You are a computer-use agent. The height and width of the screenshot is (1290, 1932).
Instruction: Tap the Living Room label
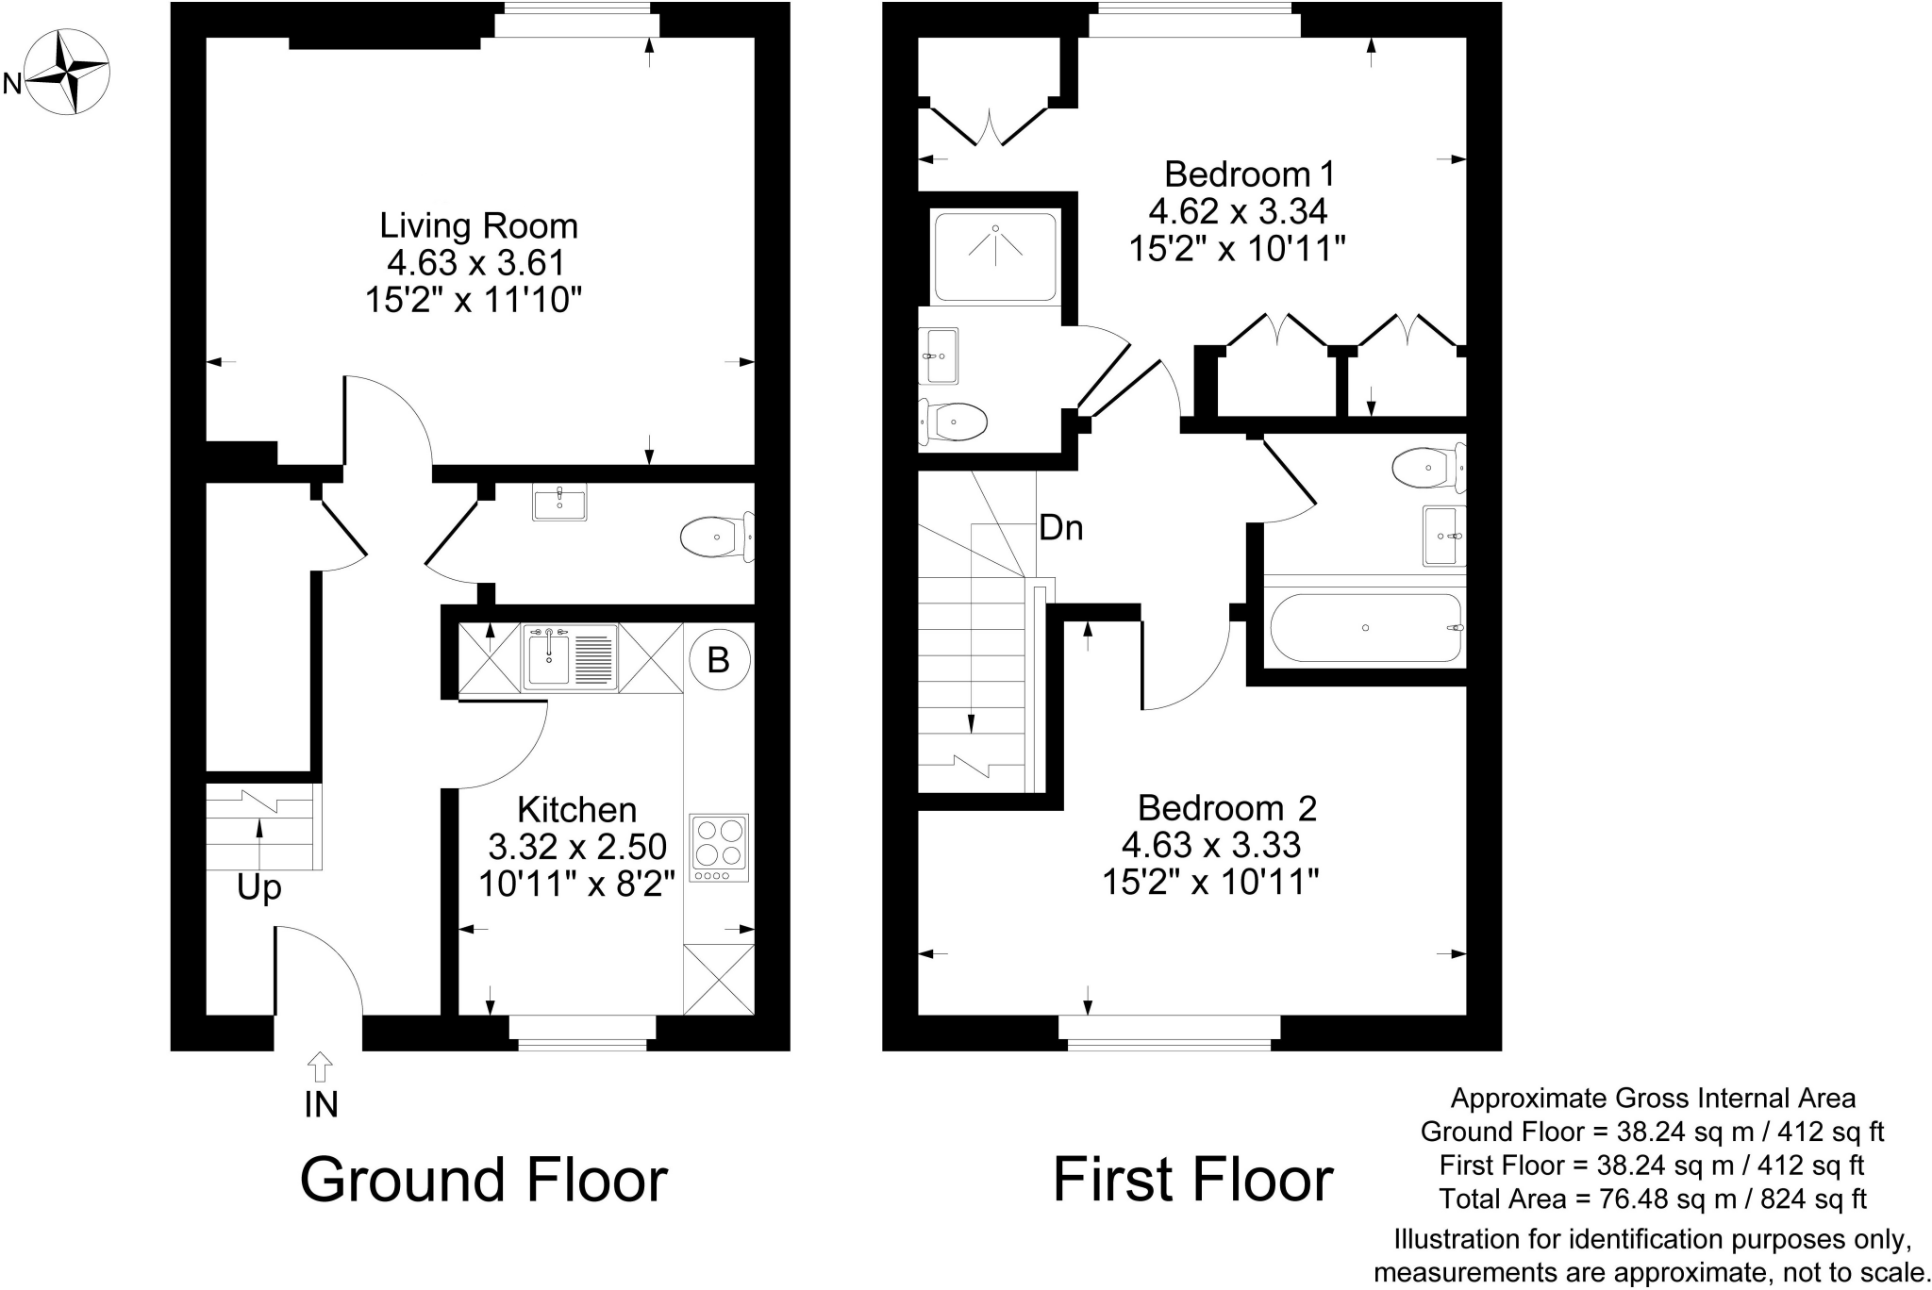tap(478, 226)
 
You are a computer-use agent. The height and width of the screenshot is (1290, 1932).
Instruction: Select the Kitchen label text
tap(577, 810)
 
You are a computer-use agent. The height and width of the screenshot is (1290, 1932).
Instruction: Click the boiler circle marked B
tap(719, 660)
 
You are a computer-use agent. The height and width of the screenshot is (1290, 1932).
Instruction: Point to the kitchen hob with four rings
tap(720, 847)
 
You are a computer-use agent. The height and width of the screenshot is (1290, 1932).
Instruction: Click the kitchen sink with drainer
tap(570, 657)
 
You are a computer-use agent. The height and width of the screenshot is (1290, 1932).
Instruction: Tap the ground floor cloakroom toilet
tap(717, 537)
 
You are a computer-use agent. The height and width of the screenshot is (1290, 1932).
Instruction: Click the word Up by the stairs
tap(259, 888)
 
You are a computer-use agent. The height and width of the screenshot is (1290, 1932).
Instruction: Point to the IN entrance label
tap(321, 1104)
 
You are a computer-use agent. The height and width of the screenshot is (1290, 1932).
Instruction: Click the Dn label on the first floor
tap(1060, 528)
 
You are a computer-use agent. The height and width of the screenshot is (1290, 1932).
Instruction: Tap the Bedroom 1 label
tap(1250, 174)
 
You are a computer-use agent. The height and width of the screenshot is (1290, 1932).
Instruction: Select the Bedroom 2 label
tap(1226, 808)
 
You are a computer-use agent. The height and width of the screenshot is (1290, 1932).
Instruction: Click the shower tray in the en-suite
tap(995, 256)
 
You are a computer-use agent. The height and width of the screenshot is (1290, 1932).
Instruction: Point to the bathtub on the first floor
tap(1365, 628)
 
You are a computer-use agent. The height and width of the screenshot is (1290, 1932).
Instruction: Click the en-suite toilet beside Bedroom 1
tap(955, 421)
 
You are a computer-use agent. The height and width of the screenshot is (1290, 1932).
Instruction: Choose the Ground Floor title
tap(484, 1180)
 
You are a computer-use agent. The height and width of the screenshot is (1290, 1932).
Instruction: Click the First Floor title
tap(1193, 1180)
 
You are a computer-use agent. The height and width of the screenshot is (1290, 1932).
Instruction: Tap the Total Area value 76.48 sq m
tap(1654, 1199)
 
